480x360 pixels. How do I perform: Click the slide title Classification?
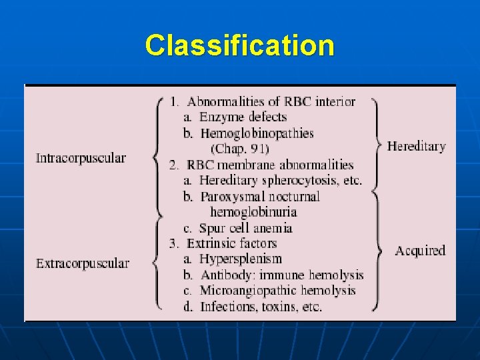(239, 46)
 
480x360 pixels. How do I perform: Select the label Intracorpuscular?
(81, 158)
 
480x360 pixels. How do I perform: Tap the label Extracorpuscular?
(83, 263)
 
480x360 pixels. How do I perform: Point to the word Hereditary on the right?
(416, 146)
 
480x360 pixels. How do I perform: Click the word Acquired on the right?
(420, 251)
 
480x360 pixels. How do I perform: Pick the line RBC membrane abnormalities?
(270, 165)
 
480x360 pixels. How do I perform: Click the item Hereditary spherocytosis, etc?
(280, 181)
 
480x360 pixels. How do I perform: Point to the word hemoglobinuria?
(253, 212)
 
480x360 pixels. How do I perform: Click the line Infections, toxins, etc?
(261, 307)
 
